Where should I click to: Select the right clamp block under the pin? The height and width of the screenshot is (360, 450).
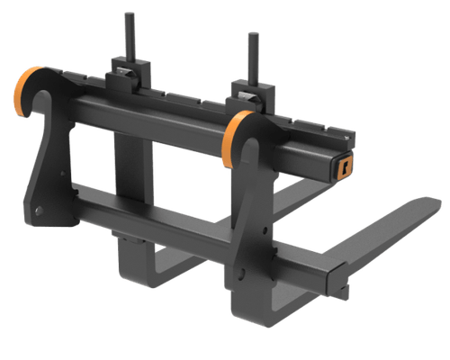coord(246,93)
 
